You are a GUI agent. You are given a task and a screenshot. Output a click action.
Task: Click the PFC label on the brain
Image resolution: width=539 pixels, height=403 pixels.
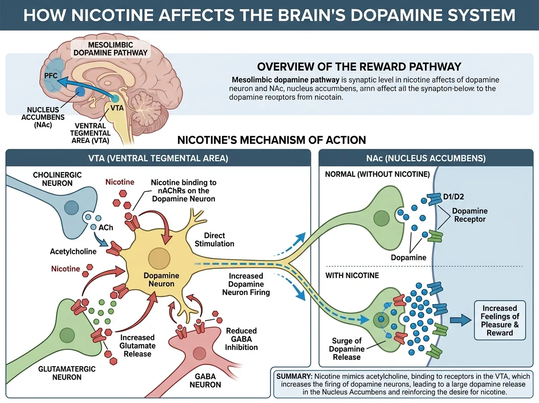(51, 76)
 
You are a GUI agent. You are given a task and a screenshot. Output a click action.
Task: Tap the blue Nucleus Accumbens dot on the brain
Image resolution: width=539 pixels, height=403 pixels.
(80, 92)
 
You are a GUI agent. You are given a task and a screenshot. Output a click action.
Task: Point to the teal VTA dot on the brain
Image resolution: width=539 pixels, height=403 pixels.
(115, 99)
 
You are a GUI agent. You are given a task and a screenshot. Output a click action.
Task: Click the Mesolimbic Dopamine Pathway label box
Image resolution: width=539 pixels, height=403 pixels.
(110, 49)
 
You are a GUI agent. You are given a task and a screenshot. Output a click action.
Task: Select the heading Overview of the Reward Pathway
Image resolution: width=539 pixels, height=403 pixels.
(359, 67)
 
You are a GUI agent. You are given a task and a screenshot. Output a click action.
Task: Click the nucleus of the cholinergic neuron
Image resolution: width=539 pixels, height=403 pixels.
(72, 208)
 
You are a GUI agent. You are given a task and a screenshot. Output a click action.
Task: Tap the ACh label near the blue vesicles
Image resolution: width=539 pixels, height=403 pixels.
(106, 228)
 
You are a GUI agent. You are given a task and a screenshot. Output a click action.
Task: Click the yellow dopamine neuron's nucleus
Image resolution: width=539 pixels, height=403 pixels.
(159, 259)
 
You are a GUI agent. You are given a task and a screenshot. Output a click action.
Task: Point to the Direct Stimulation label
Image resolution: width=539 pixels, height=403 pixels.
(214, 239)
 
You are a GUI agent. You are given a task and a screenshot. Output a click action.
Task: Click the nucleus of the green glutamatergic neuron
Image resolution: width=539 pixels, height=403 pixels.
(67, 335)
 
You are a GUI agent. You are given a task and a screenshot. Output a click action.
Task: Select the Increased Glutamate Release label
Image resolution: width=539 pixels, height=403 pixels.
(137, 345)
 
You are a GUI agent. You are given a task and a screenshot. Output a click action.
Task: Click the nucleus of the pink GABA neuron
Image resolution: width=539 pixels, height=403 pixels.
(199, 354)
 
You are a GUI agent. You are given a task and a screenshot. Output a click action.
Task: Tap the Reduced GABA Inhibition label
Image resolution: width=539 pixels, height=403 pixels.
(241, 339)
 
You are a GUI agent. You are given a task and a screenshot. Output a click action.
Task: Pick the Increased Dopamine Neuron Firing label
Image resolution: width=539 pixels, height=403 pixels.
(246, 284)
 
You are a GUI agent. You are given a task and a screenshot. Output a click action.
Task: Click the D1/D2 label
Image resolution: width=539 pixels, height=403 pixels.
(454, 197)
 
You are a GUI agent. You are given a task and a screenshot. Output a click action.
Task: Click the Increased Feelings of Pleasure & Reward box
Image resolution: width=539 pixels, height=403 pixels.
(500, 320)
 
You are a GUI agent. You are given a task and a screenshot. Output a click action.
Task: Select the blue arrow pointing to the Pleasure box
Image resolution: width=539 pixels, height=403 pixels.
(461, 320)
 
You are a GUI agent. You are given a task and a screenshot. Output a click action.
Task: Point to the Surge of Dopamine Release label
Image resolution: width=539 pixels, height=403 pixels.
(346, 349)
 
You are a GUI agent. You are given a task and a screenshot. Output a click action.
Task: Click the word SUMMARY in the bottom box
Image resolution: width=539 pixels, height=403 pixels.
(294, 376)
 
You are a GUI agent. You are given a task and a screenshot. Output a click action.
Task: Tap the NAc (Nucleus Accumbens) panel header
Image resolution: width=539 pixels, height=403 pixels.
(426, 158)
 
